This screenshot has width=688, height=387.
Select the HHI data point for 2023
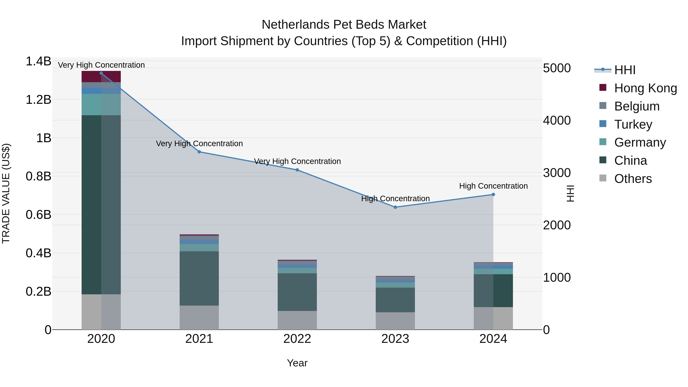click(395, 207)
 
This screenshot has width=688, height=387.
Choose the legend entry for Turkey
click(633, 124)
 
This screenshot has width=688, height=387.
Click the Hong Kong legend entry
click(645, 88)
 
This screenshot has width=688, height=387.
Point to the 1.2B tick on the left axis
click(38, 100)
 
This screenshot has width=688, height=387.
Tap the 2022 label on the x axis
click(297, 339)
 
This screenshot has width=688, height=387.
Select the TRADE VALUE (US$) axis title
click(6, 193)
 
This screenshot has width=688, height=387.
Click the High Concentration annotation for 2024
click(493, 186)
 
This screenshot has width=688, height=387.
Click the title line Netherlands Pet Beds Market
click(344, 25)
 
